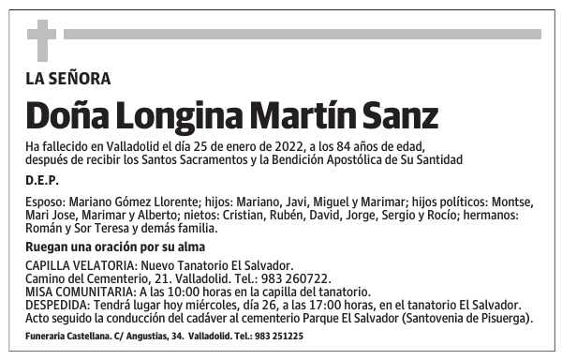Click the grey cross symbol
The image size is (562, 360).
pyautogui.click(x=41, y=40)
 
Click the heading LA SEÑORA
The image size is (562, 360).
pyautogui.click(x=68, y=79)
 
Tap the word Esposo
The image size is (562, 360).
pyautogui.click(x=45, y=202)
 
